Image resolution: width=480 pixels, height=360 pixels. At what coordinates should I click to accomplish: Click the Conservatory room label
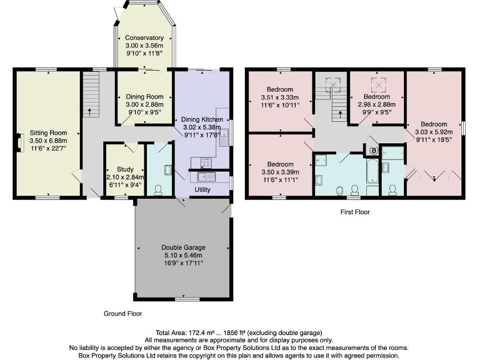pyautogui.click(x=144, y=37)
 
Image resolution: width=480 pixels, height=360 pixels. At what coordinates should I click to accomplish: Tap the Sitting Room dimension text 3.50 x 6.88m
pyautogui.click(x=48, y=141)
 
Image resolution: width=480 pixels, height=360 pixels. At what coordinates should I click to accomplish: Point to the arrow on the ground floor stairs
pyautogui.click(x=89, y=112)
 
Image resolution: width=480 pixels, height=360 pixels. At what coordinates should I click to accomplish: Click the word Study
pyautogui.click(x=117, y=169)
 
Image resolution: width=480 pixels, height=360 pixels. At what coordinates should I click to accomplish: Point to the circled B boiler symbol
pyautogui.click(x=374, y=150)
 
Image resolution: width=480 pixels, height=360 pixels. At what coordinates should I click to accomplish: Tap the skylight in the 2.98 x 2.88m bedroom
pyautogui.click(x=377, y=82)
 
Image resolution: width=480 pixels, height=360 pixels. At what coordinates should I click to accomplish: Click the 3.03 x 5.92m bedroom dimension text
pyautogui.click(x=434, y=132)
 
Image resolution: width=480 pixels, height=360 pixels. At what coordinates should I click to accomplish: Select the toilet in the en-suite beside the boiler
pyautogui.click(x=392, y=189)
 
